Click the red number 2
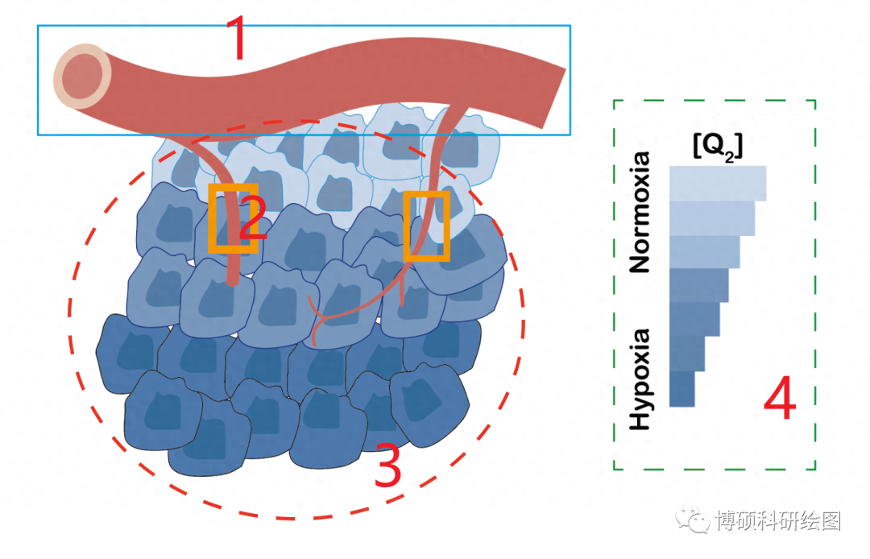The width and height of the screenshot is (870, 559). tap(253, 219)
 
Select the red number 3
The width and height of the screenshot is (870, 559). tap(388, 467)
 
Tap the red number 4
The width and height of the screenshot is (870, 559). tap(779, 400)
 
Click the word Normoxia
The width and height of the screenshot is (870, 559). tap(640, 213)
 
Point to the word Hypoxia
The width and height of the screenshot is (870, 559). tap(640, 379)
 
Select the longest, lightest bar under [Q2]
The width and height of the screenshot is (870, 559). tap(717, 183)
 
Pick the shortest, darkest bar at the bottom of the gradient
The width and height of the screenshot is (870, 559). tap(681, 389)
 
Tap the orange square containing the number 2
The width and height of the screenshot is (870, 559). tap(234, 218)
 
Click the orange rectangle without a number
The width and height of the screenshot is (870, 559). tap(426, 226)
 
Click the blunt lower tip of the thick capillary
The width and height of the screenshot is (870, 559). tap(234, 279)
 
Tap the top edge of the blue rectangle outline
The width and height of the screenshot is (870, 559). tap(304, 26)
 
